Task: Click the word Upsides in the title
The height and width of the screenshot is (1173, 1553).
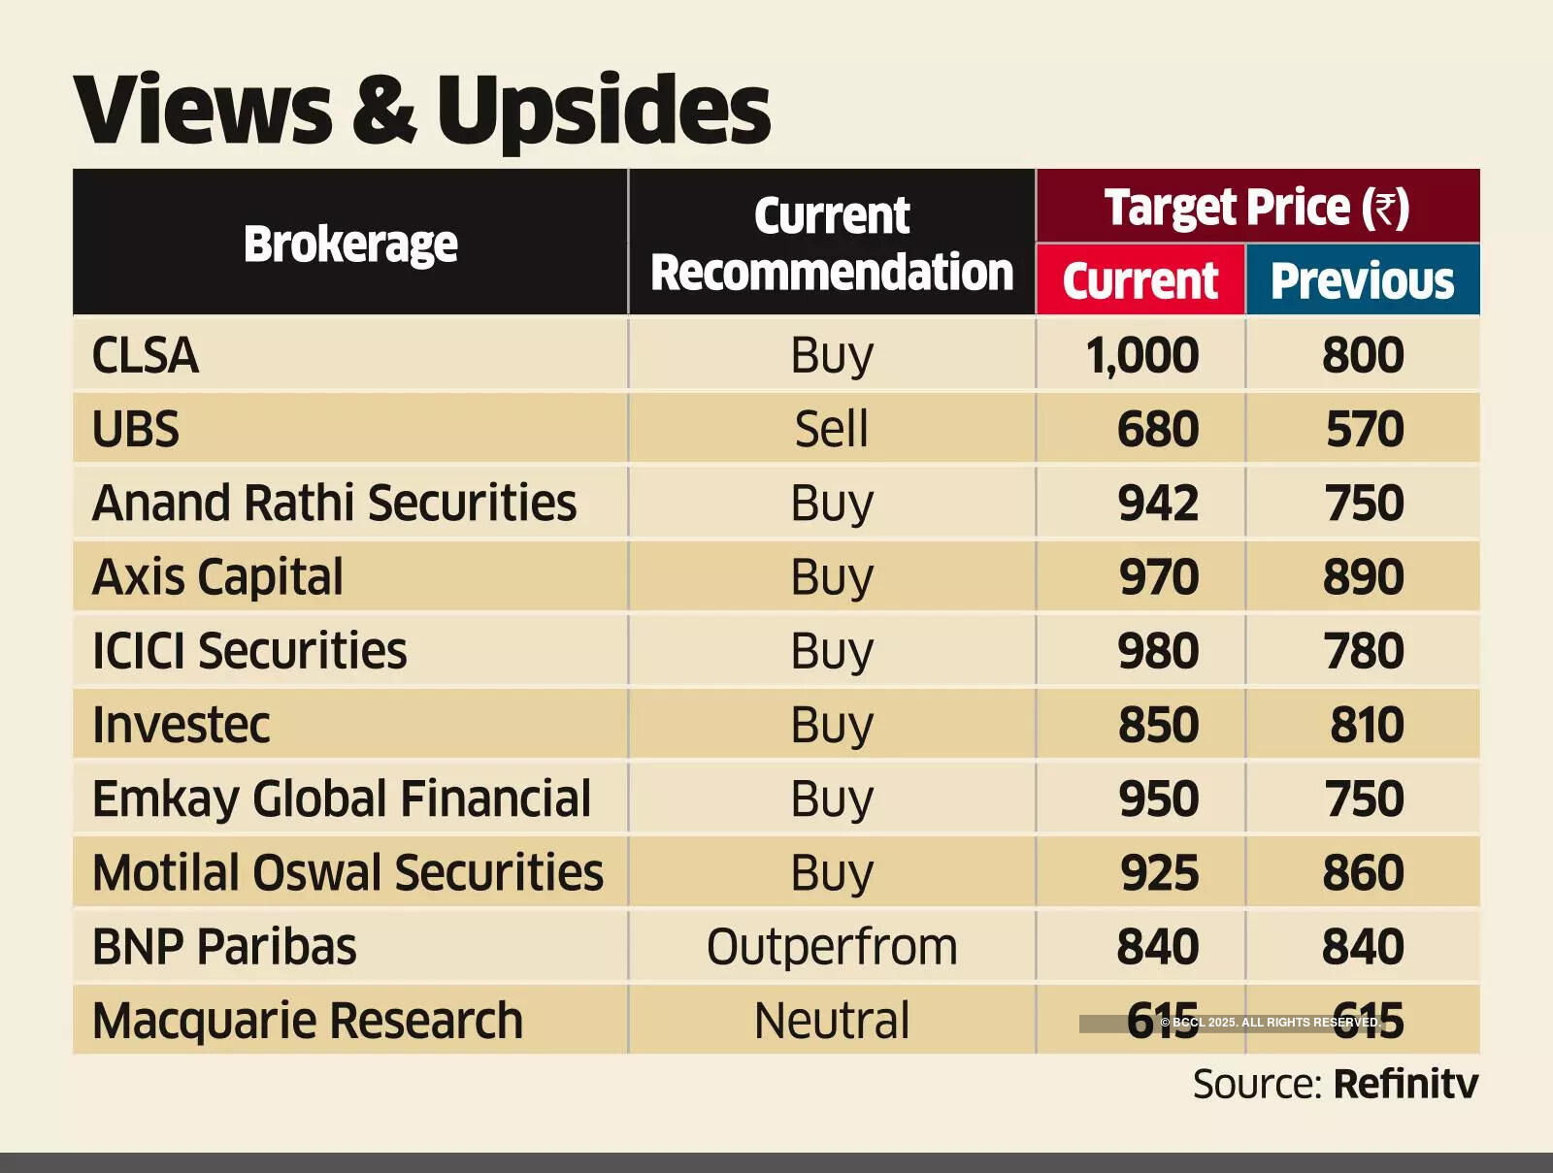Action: tap(603, 109)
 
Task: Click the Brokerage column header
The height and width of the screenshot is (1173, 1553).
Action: tap(350, 244)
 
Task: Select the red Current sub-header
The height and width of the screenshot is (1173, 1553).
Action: tap(1140, 280)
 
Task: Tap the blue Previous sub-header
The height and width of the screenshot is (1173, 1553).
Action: tap(1362, 280)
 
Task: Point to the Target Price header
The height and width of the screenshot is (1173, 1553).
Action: tap(1257, 207)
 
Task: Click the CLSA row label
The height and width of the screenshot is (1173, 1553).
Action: tap(146, 355)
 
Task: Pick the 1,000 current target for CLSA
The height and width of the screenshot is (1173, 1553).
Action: tap(1141, 355)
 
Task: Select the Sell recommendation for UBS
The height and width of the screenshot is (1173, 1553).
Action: tap(831, 429)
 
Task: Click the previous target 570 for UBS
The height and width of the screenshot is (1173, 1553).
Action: tap(1364, 429)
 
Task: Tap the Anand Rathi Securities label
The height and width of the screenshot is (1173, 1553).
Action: tap(334, 503)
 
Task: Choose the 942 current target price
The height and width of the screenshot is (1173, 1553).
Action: tap(1158, 503)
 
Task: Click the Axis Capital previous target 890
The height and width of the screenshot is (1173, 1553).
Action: tap(1363, 577)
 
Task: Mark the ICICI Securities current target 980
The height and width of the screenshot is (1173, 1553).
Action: tap(1158, 651)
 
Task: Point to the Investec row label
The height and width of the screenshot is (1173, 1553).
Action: tap(181, 725)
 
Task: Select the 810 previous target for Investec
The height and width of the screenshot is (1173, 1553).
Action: tap(1366, 725)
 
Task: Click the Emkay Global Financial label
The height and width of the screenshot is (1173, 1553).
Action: tap(341, 798)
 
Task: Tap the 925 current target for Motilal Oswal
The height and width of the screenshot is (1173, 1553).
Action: tap(1159, 872)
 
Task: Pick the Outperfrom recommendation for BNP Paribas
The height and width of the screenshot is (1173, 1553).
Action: tap(831, 946)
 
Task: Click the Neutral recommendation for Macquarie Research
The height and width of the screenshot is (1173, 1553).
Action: tap(831, 1021)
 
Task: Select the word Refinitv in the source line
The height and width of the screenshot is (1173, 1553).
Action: tap(1405, 1084)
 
